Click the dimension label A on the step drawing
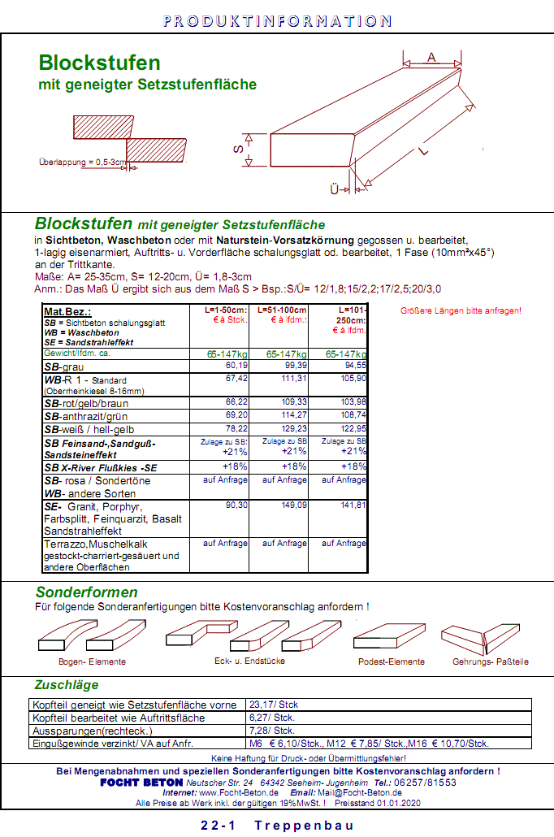click(432, 56)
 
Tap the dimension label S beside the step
click(238, 150)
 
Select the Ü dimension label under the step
click(334, 189)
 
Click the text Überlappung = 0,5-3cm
click(83, 163)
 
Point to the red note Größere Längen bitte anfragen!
click(461, 310)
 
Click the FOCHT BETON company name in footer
click(141, 782)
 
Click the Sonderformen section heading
click(87, 592)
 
